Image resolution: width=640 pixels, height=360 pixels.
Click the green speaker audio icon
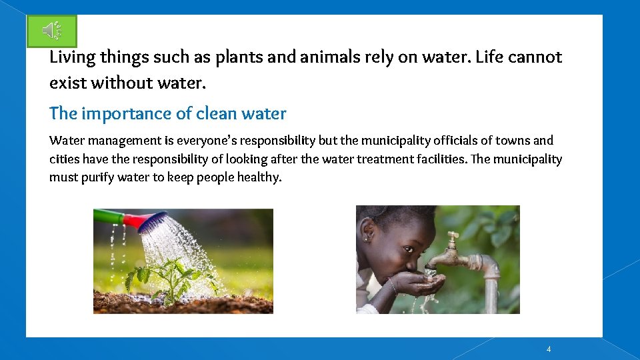tap(52, 31)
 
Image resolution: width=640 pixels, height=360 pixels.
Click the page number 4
tap(548, 349)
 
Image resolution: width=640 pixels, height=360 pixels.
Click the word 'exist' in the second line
tap(65, 83)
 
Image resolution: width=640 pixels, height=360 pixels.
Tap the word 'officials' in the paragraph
tap(458, 141)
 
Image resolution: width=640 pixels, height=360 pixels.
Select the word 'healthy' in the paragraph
tap(259, 178)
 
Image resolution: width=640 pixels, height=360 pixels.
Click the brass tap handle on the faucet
tap(453, 239)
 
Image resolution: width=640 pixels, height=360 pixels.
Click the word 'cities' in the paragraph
tap(64, 159)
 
